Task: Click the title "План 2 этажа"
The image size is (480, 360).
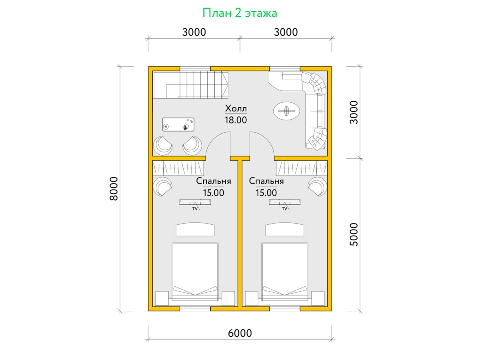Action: [x=240, y=13]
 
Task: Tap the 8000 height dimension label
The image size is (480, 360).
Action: [x=114, y=189]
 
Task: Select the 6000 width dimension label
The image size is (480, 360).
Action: [x=240, y=333]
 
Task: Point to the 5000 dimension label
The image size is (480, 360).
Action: [x=354, y=234]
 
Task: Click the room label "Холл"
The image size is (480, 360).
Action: [x=236, y=108]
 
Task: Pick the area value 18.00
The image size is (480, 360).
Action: [x=236, y=120]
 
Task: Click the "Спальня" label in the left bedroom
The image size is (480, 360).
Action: [x=214, y=181]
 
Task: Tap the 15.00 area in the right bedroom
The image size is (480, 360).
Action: [x=266, y=193]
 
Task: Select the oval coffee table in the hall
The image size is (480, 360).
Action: [x=286, y=111]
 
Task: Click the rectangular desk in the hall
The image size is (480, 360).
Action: [x=178, y=124]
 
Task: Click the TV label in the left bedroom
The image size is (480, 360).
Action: [x=195, y=209]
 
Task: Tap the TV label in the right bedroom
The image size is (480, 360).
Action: [x=284, y=209]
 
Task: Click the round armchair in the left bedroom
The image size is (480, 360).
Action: [x=163, y=187]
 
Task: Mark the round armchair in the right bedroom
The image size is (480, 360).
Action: [x=317, y=187]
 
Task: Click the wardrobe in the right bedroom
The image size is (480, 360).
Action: [x=302, y=168]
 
